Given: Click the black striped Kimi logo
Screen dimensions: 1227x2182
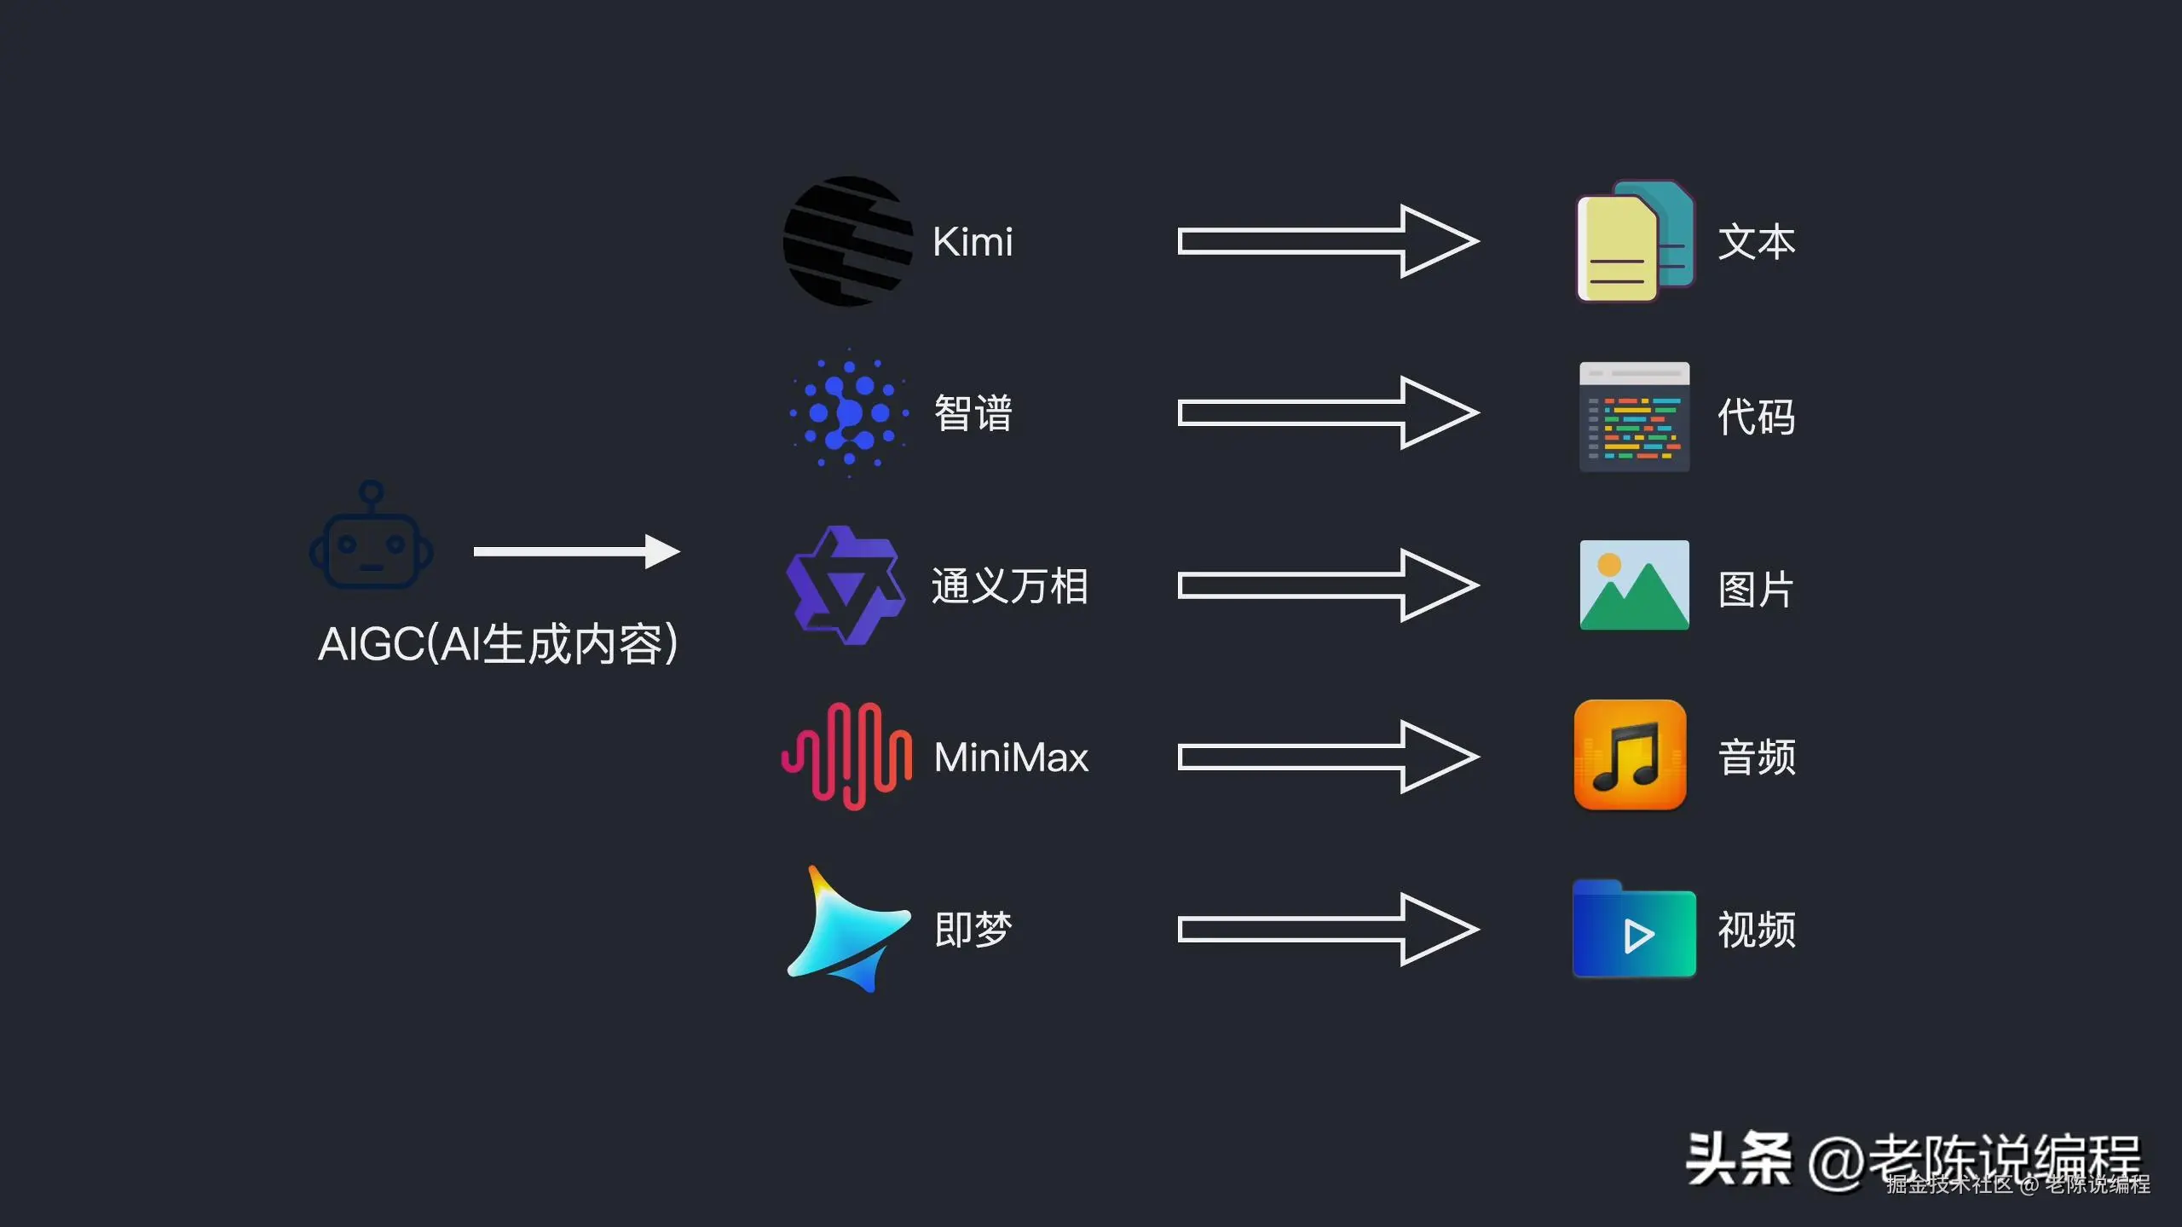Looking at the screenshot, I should pos(847,241).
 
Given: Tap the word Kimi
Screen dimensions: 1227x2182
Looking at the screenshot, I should pos(973,242).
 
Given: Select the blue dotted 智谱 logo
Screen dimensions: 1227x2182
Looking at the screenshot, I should pos(849,413).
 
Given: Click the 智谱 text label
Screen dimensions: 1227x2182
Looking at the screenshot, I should pos(973,414).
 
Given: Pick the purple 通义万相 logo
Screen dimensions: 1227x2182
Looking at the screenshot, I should pos(845,585).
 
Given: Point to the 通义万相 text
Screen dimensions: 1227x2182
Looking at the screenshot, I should pos(1009,586).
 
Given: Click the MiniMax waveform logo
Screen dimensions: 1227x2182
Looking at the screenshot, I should pos(846,757).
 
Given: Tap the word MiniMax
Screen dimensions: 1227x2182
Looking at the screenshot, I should pos(1011,758).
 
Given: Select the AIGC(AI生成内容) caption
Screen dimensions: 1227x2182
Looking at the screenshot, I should pos(499,644).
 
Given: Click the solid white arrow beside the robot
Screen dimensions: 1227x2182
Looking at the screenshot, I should pos(576,551).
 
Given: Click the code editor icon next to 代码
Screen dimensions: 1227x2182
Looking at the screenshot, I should pos(1634,417).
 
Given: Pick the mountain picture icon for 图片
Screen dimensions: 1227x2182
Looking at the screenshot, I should pos(1634,585).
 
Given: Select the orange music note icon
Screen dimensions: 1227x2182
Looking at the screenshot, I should pos(1630,755).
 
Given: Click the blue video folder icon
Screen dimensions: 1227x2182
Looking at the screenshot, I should pos(1634,930).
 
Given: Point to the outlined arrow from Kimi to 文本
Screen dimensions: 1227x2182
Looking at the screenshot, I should pos(1327,241).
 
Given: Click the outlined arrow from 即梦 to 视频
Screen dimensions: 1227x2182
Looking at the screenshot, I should pos(1327,930).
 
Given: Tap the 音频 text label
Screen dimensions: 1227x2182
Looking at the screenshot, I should pos(1757,758).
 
